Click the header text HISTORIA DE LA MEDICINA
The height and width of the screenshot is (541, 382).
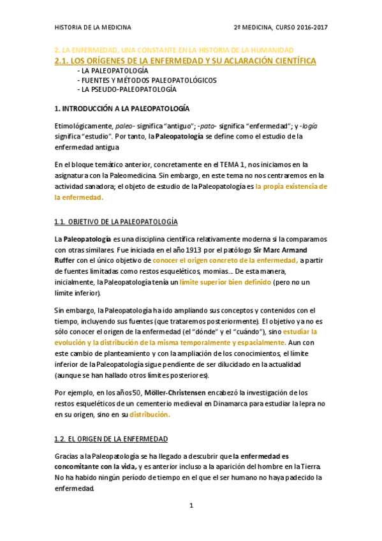point(92,28)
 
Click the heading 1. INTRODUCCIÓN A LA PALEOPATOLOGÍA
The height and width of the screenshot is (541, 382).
point(122,108)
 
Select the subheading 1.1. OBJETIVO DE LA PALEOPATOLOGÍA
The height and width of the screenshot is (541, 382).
point(115,221)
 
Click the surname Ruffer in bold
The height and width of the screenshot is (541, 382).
point(67,261)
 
